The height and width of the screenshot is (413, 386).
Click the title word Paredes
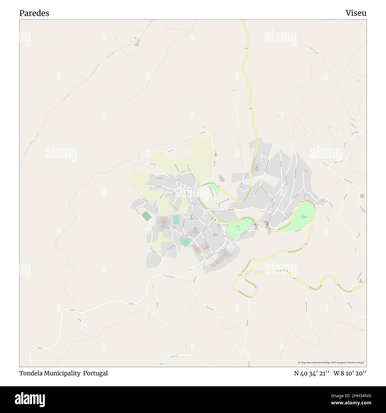point(34,13)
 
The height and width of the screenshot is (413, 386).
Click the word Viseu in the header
point(356,13)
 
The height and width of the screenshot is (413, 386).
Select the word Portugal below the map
point(95,373)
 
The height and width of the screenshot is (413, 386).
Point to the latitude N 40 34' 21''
point(311,373)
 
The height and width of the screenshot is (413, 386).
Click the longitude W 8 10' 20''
point(350,373)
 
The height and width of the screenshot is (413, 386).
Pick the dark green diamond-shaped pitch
point(146,216)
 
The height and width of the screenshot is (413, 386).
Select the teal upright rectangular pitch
point(176,220)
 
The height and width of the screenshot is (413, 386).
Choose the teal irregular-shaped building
point(185,241)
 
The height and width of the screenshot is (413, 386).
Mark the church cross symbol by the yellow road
point(267,223)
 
